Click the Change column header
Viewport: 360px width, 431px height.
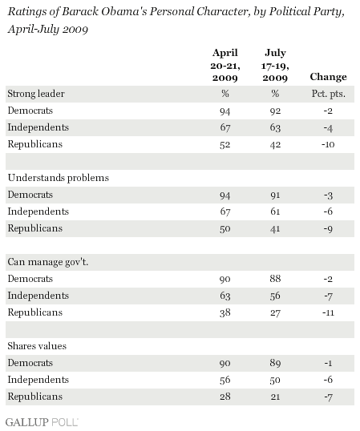coord(328,77)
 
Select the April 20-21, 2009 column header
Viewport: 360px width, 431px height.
coord(225,65)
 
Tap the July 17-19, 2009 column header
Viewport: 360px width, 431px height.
coord(275,65)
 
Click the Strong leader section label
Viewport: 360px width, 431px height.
coord(36,94)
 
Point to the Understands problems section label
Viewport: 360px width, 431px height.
coord(59,178)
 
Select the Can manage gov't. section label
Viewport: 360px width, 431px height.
coord(48,262)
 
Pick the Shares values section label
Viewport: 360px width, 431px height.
coord(37,346)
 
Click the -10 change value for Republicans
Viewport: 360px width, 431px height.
coord(328,144)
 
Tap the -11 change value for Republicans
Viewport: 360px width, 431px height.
coord(328,312)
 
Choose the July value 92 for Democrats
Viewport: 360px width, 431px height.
coord(275,111)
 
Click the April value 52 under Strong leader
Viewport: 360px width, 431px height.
coord(225,144)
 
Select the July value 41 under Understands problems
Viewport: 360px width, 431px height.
coord(275,228)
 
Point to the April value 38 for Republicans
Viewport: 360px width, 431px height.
coord(225,312)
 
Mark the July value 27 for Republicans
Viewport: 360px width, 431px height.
coord(275,312)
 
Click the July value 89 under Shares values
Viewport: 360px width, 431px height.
coord(275,363)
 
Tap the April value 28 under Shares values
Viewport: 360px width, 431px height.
coord(225,397)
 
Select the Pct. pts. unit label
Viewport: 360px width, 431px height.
coord(328,94)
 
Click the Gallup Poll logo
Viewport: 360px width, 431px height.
coord(42,422)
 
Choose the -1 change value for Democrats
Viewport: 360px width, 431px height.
coord(328,363)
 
